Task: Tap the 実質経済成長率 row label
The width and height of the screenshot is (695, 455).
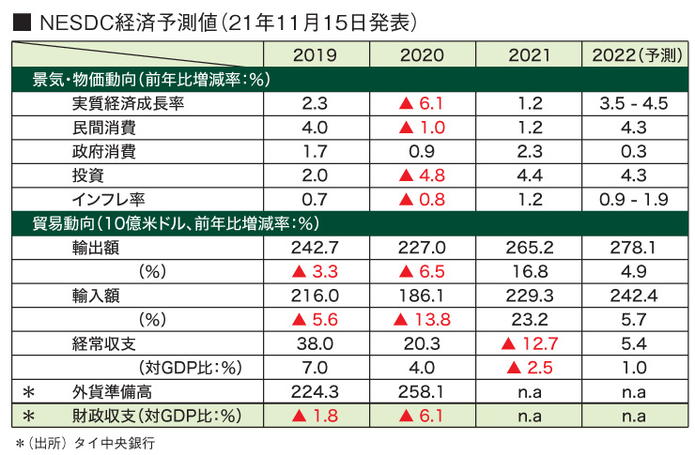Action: [x=128, y=103]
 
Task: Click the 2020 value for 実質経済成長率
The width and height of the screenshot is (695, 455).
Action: [x=422, y=103]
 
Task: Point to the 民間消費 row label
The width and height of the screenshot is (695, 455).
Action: [x=103, y=127]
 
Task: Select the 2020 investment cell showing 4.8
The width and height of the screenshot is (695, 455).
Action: [x=422, y=174]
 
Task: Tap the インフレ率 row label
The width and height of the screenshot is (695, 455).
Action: [x=111, y=198]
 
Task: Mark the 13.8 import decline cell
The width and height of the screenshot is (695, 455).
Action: [x=422, y=319]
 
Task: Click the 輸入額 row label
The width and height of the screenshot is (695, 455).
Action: [x=96, y=295]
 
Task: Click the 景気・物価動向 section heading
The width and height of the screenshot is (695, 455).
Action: [x=151, y=80]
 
